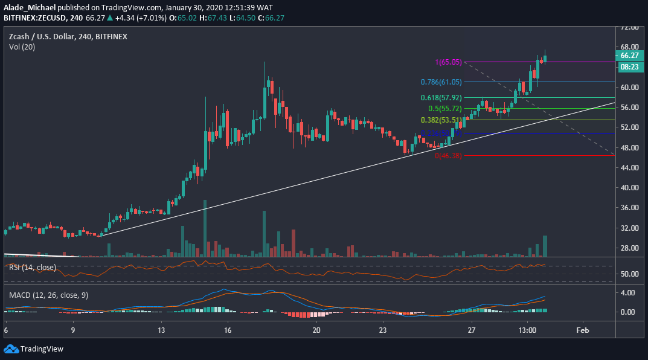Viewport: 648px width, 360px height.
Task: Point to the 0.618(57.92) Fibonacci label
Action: tap(441, 97)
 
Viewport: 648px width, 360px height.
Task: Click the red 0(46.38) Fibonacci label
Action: tap(448, 155)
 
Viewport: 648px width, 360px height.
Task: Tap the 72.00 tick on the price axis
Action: tap(629, 27)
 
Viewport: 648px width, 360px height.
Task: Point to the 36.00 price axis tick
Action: tap(629, 208)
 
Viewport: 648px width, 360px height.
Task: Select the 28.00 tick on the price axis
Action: tap(629, 248)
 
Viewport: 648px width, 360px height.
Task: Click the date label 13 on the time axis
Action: tap(162, 330)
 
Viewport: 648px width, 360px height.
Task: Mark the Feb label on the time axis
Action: tap(582, 330)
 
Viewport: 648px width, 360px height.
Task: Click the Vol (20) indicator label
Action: tap(23, 47)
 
